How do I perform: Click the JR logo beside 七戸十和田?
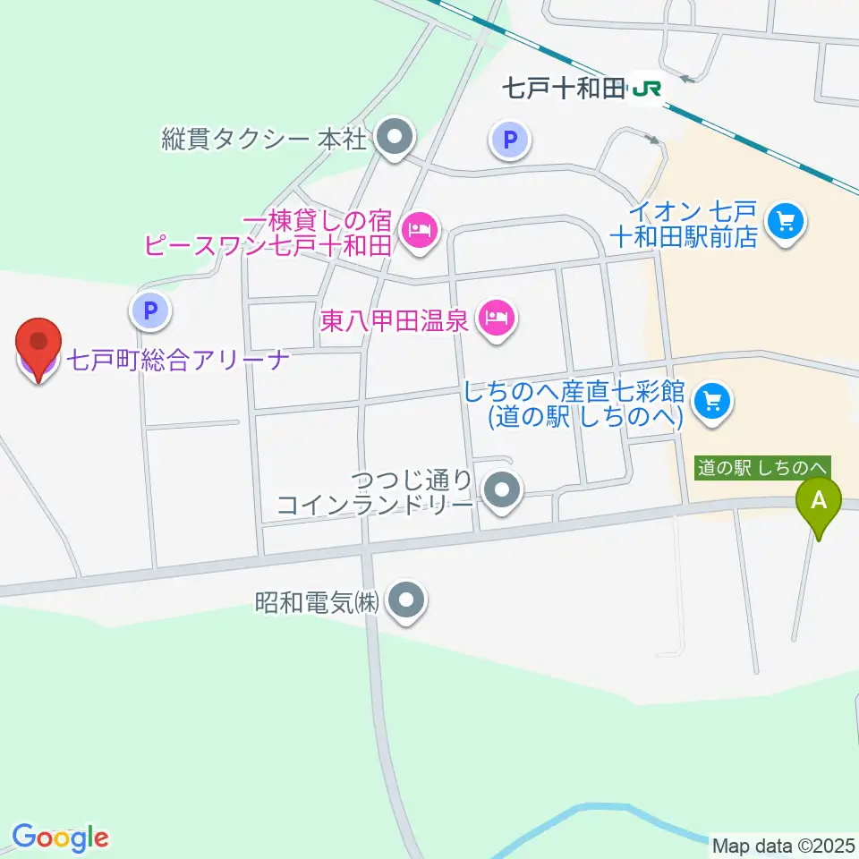pyautogui.click(x=646, y=88)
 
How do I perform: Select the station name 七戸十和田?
pyautogui.click(x=563, y=88)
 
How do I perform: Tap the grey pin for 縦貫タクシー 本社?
pyautogui.click(x=394, y=139)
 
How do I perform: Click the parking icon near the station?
pyautogui.click(x=510, y=139)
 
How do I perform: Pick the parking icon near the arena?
pyautogui.click(x=150, y=311)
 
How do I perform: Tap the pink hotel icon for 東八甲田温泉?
pyautogui.click(x=495, y=317)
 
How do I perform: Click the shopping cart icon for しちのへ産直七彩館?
pyautogui.click(x=713, y=400)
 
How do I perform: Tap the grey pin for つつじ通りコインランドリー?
pyautogui.click(x=502, y=490)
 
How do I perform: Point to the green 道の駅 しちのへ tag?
pyautogui.click(x=763, y=466)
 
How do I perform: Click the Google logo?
pyautogui.click(x=60, y=837)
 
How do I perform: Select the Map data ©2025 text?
pyautogui.click(x=784, y=846)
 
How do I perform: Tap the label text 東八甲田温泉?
pyautogui.click(x=395, y=319)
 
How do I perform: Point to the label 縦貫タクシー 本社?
pyautogui.click(x=263, y=139)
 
